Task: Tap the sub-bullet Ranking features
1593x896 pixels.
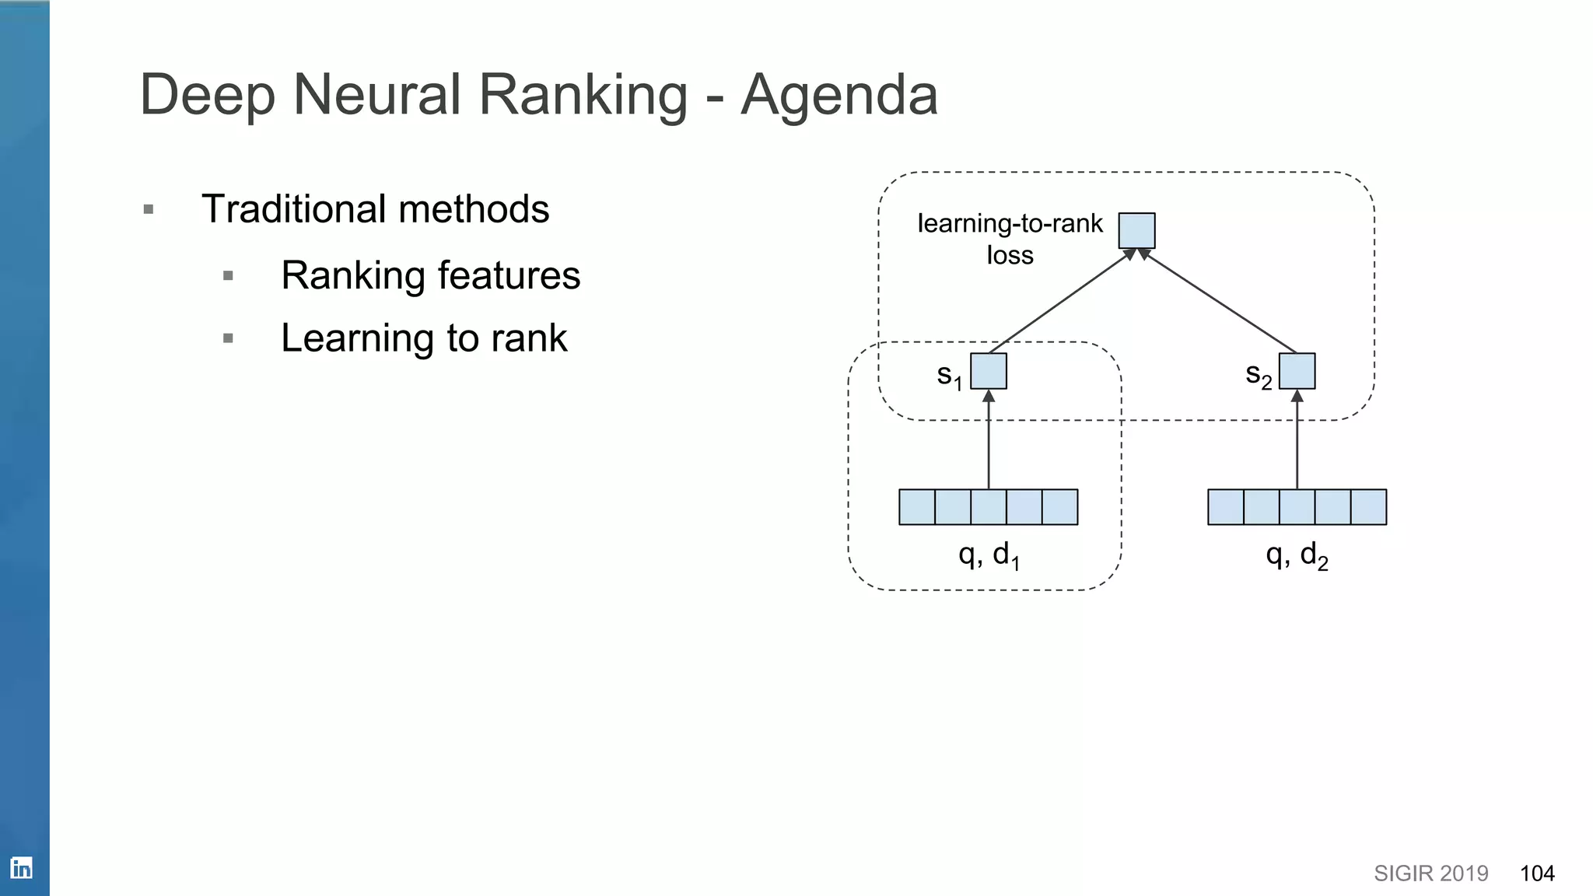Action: click(430, 275)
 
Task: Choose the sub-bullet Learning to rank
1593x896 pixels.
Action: click(424, 338)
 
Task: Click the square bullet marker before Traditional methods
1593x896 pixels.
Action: click(149, 209)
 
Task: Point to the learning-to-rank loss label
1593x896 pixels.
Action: click(1009, 239)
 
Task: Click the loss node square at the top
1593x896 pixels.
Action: click(1136, 231)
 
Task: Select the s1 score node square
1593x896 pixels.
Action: click(989, 371)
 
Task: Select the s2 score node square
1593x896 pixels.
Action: click(1297, 371)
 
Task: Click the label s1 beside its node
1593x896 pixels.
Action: click(949, 376)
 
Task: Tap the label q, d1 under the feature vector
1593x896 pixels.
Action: click(988, 555)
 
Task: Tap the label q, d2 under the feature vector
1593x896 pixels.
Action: click(1297, 555)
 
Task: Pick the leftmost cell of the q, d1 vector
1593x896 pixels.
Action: click(917, 507)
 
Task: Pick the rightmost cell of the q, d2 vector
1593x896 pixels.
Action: click(1368, 507)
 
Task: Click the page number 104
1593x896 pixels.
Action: click(1537, 873)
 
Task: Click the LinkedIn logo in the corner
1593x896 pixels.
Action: click(21, 868)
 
